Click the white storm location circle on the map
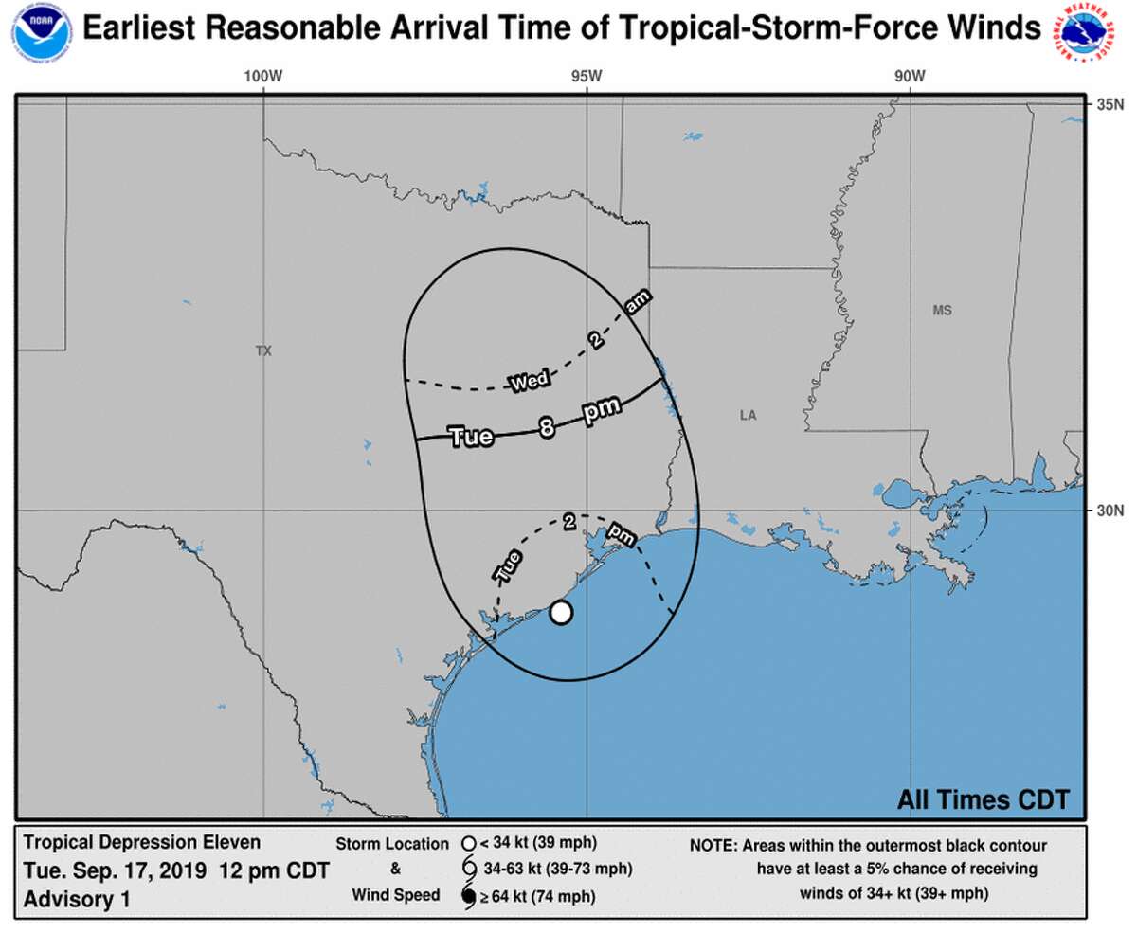click(561, 613)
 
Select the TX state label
click(263, 351)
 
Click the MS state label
click(941, 311)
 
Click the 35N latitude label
click(1110, 104)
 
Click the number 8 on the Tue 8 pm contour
click(547, 428)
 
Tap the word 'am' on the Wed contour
click(637, 303)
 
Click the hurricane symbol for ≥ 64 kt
click(467, 895)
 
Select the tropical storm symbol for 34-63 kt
click(467, 869)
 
